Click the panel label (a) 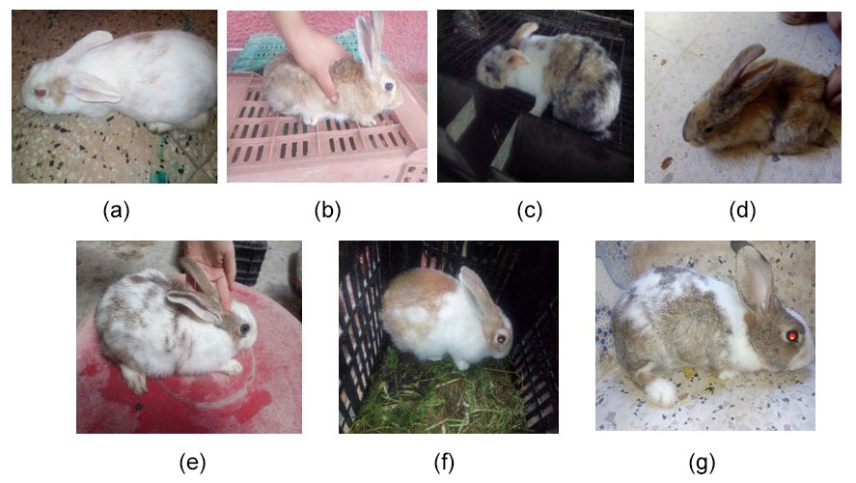116,210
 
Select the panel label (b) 327,210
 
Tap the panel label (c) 530,210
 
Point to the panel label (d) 742,210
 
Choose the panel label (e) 193,463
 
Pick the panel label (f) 444,463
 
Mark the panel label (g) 702,463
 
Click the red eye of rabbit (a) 40,93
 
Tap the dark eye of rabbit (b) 389,86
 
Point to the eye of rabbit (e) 244,328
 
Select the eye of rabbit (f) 501,339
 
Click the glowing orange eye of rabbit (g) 791,335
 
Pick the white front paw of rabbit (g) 661,392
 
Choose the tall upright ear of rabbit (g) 755,278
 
